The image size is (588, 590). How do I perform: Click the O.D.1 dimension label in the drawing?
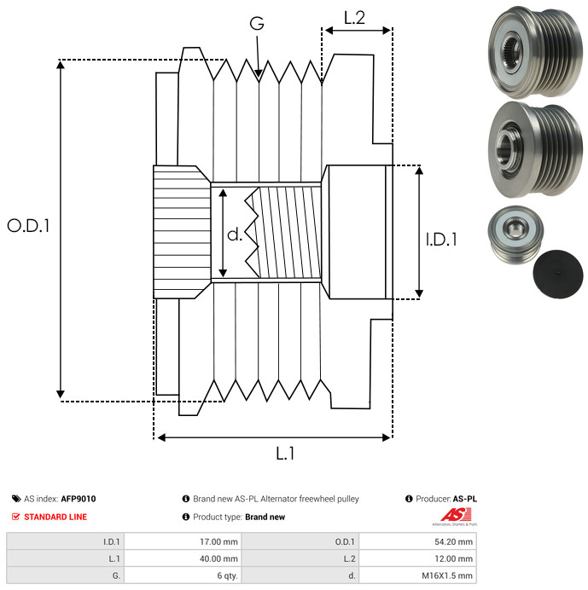(28, 226)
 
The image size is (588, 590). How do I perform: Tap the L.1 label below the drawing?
(285, 454)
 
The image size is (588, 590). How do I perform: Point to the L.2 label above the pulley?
(354, 16)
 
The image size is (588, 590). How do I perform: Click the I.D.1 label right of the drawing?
(441, 240)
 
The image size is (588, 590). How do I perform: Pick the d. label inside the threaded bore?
(235, 234)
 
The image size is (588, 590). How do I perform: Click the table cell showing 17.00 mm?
(183, 541)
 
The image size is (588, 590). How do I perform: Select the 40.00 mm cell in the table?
(183, 558)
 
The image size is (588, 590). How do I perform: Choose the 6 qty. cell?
(183, 576)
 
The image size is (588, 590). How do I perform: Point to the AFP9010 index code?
(79, 499)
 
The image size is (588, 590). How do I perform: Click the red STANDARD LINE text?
(55, 517)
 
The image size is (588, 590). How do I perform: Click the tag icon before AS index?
(16, 499)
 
